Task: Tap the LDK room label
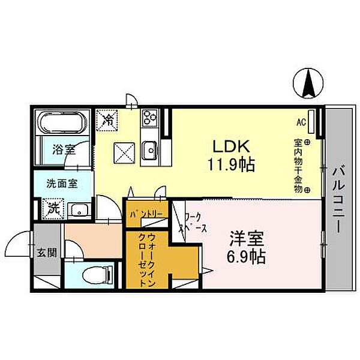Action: tap(227, 146)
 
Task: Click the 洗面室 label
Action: tap(61, 184)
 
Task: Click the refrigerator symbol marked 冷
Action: tap(109, 119)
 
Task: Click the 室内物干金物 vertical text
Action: tap(298, 166)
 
